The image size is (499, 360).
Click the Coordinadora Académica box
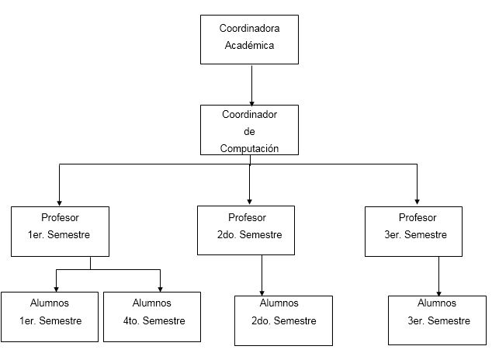click(250, 39)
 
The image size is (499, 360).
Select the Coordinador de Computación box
click(250, 130)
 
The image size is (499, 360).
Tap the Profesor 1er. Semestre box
click(60, 230)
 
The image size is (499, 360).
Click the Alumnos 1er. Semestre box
click(48, 317)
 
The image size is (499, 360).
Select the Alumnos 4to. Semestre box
click(151, 317)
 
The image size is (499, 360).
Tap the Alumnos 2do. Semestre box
click(283, 320)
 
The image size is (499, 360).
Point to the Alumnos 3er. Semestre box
click(437, 320)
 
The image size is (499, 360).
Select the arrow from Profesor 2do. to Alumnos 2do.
click(262, 273)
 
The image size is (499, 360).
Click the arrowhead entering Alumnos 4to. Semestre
click(160, 288)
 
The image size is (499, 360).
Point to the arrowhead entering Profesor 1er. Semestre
click(60, 201)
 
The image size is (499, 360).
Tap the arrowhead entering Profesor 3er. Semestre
click(417, 201)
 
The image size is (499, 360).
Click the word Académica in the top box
click(250, 45)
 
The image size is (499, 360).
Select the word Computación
click(249, 147)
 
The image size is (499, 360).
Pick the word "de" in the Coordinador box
click(249, 131)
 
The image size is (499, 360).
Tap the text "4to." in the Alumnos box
click(133, 320)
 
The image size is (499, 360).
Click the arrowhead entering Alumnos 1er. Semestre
click(56, 288)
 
